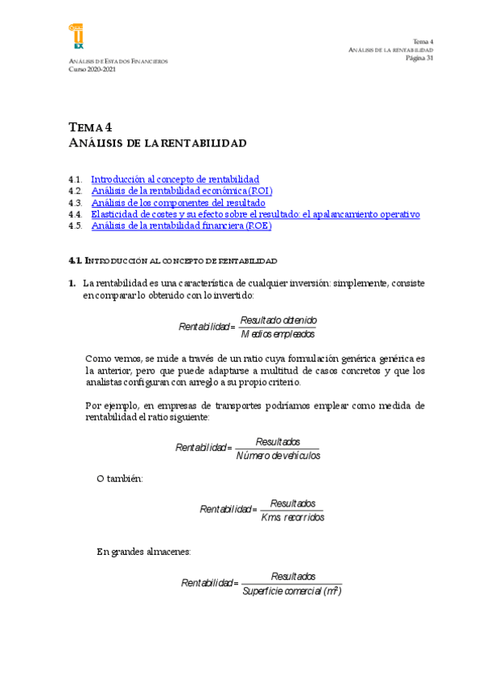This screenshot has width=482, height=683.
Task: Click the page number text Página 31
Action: [419, 58]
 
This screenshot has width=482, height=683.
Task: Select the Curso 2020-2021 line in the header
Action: [93, 69]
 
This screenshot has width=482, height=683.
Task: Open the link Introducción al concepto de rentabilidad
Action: [175, 179]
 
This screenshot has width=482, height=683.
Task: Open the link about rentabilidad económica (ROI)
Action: [182, 191]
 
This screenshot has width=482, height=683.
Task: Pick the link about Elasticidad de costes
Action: [256, 214]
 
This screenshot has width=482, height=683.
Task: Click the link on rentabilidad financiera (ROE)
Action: [181, 226]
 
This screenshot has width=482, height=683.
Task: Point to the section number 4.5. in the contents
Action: [76, 226]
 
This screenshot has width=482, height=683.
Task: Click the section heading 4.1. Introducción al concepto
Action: [173, 261]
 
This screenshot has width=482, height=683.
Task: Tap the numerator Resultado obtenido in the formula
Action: [278, 320]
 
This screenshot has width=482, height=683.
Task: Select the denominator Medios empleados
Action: [278, 333]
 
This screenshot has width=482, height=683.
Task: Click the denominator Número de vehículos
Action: [278, 455]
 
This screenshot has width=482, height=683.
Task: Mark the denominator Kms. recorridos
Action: [292, 516]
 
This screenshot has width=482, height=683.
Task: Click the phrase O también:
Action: [119, 478]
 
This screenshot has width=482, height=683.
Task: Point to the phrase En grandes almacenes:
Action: [143, 552]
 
